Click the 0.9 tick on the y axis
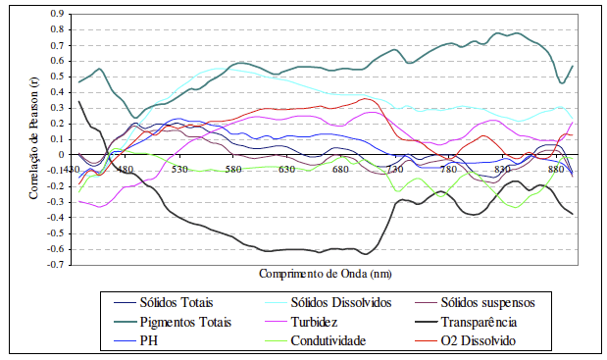tap(57, 14)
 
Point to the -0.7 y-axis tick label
tap(55, 265)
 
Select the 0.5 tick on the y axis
tap(57, 77)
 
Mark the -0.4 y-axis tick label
tap(55, 218)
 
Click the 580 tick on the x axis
tap(233, 169)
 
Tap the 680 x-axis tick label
tap(340, 169)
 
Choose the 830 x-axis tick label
tap(502, 169)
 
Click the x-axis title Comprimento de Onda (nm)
tap(326, 274)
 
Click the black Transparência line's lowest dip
tap(365, 254)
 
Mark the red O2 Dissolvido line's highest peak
tap(365, 98)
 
